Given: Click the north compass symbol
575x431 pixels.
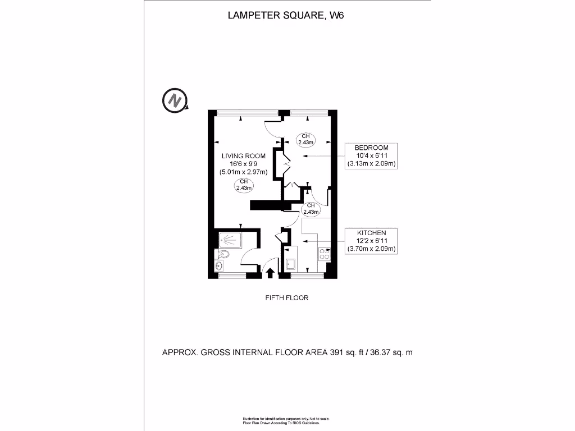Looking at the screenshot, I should pyautogui.click(x=175, y=100).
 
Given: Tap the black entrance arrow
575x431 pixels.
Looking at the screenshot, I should pyautogui.click(x=270, y=273).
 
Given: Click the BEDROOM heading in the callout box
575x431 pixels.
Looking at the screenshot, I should pyautogui.click(x=372, y=147).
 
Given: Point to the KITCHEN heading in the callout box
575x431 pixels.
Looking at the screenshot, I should pyautogui.click(x=372, y=232).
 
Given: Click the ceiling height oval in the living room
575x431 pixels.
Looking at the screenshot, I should pyautogui.click(x=244, y=185).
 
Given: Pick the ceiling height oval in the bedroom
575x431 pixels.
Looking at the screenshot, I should pyautogui.click(x=305, y=139).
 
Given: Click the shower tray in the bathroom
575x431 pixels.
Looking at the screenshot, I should pyautogui.click(x=230, y=240).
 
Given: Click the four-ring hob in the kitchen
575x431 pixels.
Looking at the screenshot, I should pyautogui.click(x=324, y=254).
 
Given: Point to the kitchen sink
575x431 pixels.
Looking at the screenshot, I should pyautogui.click(x=291, y=264).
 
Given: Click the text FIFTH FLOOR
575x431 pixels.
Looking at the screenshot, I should pyautogui.click(x=287, y=298).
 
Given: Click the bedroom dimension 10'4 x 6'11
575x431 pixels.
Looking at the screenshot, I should pyautogui.click(x=372, y=155).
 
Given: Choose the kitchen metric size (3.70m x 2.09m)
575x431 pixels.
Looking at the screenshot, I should pyautogui.click(x=372, y=249).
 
